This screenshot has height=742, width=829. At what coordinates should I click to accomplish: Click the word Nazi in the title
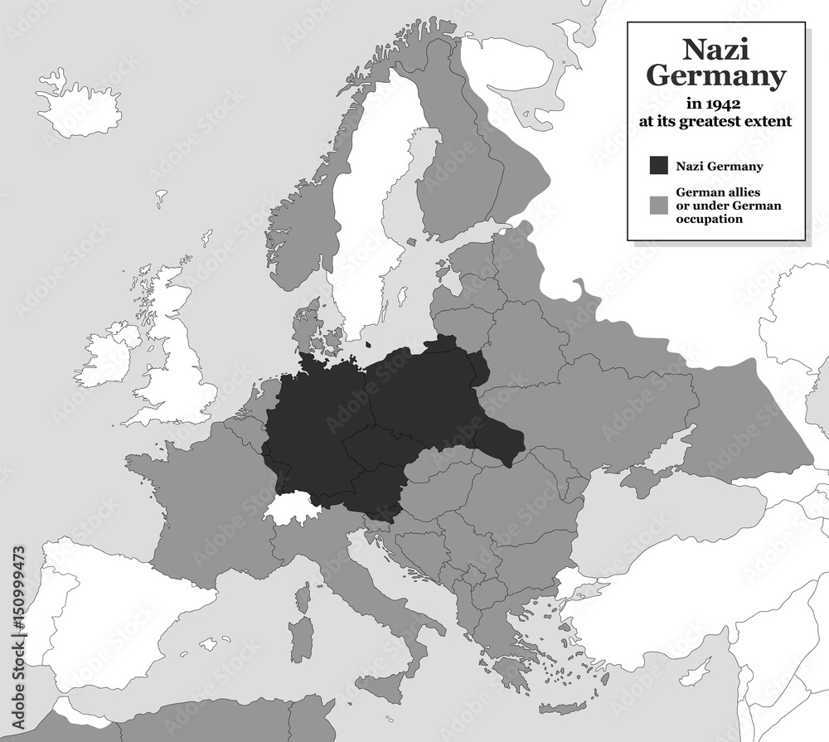pos(715,50)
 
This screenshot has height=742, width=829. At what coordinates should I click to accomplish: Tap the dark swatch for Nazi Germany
pos(659,166)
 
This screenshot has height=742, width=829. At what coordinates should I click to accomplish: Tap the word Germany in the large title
pos(715,76)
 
